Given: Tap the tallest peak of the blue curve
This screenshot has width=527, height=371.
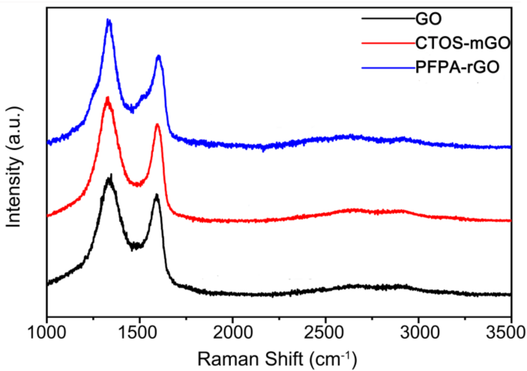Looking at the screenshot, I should click(x=108, y=22).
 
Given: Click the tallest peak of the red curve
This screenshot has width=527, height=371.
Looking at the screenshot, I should click(x=108, y=99).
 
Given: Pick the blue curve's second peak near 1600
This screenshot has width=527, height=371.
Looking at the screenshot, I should click(x=158, y=57).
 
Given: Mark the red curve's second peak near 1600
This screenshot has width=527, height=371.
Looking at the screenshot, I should click(x=157, y=125).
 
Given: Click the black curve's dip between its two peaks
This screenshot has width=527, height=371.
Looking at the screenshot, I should click(x=135, y=247).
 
